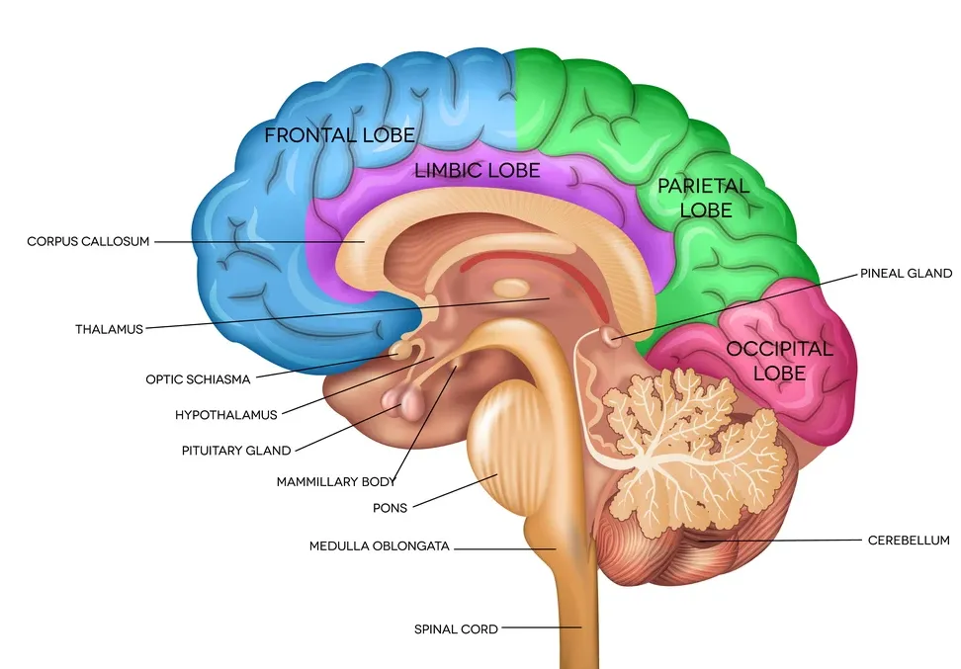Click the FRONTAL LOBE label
coord(339,134)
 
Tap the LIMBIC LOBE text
coord(478,171)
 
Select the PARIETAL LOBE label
coord(705,197)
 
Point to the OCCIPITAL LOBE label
coord(779,361)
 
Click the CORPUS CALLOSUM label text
coord(88,241)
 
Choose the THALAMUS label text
coord(109,328)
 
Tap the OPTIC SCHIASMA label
coord(198,378)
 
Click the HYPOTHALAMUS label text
coord(226,415)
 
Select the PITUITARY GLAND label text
coord(236,451)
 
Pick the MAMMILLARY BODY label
coord(336,482)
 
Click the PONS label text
coord(390,508)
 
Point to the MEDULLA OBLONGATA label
coord(380,545)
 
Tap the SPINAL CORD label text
coord(456,628)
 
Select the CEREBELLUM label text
coord(909,541)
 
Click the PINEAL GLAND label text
coord(906,274)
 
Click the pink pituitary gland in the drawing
coord(404,400)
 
